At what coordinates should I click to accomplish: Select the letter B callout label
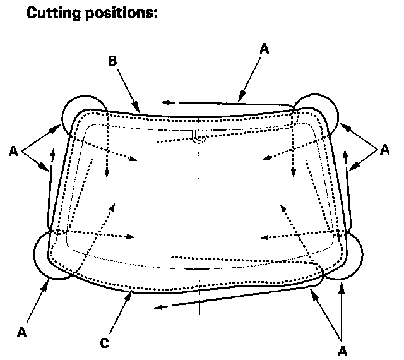coord(112,61)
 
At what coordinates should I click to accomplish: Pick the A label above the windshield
coord(264,49)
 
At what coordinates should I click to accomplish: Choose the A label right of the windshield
coord(384,150)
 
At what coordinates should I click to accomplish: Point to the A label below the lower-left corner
coord(21,331)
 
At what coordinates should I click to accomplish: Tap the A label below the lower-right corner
coord(343,349)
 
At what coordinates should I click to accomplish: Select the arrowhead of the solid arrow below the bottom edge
coord(158,308)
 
